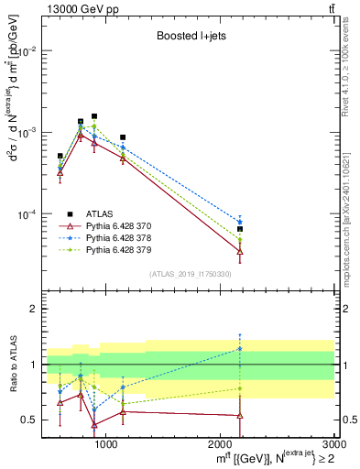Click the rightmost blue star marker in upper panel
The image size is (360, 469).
pos(240,223)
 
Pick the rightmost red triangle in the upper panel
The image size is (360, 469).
pos(240,251)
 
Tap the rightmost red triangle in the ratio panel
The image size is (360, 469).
pos(240,416)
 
